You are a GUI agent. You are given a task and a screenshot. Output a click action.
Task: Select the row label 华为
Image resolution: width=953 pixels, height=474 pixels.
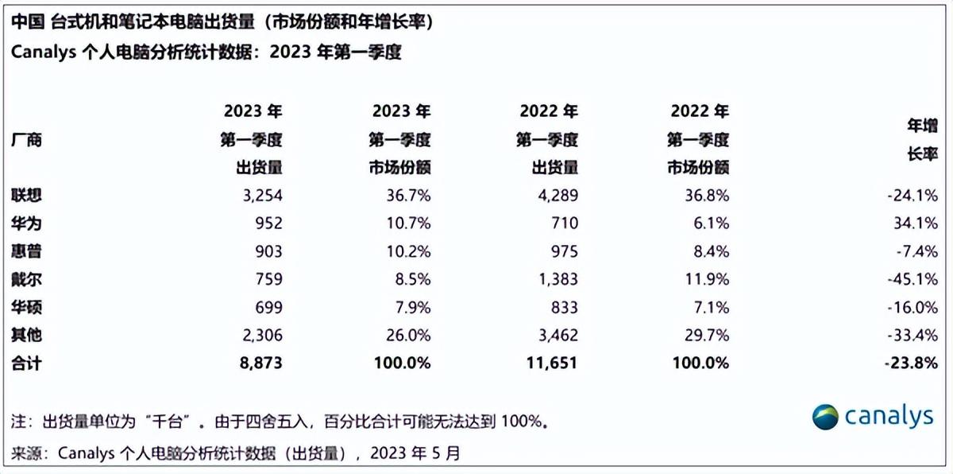tap(26, 223)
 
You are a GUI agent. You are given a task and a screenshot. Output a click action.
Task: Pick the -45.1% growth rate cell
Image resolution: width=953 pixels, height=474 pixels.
tap(913, 279)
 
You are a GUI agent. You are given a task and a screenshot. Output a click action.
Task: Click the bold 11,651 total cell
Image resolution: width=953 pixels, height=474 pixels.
tap(552, 363)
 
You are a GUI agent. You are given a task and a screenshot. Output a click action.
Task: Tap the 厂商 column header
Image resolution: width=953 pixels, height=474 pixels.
tap(26, 140)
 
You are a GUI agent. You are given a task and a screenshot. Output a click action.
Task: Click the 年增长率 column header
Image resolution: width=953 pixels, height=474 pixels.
tap(922, 140)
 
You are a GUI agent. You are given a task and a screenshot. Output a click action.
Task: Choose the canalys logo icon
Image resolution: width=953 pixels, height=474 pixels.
tap(824, 417)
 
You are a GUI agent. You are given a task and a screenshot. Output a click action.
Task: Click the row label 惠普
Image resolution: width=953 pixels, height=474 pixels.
tap(26, 251)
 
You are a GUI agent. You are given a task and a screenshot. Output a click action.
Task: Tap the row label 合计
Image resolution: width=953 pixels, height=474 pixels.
tap(26, 363)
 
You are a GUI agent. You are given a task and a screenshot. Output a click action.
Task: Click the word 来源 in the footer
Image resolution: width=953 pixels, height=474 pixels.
tap(26, 453)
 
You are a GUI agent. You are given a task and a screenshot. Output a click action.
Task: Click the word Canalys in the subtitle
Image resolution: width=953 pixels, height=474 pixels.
tap(44, 53)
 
